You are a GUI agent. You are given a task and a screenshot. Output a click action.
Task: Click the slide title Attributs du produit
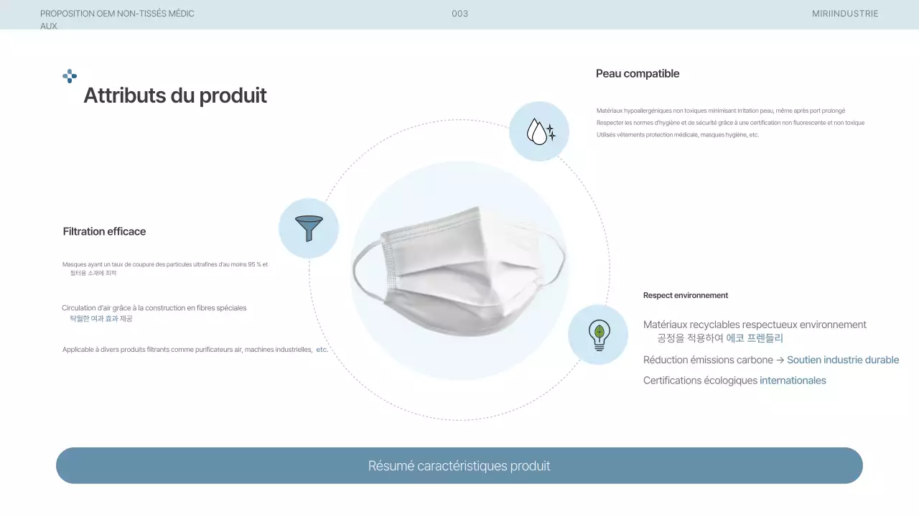tap(175, 96)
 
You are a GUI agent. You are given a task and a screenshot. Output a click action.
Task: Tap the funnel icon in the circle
tap(309, 228)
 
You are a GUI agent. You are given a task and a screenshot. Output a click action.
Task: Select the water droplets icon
tap(539, 131)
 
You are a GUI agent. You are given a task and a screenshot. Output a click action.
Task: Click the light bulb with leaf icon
tap(598, 335)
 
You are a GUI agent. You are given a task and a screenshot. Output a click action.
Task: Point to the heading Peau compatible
tap(638, 74)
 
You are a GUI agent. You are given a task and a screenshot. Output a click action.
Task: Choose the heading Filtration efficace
tap(104, 231)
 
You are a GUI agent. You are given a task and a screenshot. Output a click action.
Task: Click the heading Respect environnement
tap(686, 295)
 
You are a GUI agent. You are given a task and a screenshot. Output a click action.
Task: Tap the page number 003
tap(460, 14)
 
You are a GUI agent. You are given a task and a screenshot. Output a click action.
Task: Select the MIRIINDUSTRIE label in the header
tap(845, 14)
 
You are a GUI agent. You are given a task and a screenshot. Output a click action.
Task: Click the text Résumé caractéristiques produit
tap(459, 466)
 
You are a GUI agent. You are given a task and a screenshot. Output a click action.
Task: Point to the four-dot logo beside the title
tap(70, 76)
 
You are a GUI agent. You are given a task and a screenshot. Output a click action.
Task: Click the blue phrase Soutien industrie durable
tap(843, 360)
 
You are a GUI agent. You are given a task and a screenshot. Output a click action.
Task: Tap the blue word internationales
tap(793, 381)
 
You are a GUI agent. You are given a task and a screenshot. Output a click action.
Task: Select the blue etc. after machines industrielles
tap(322, 350)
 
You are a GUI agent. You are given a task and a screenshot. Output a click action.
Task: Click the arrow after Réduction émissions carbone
tap(780, 360)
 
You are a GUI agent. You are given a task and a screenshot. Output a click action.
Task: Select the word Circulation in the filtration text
tap(78, 308)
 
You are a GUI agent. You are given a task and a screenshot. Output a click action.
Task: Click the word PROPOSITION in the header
tap(67, 14)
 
